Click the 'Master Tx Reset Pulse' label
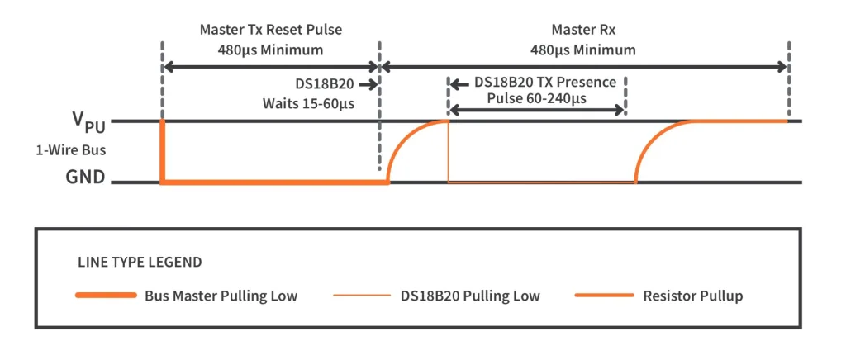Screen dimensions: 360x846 click(271, 30)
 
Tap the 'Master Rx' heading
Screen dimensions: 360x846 click(583, 30)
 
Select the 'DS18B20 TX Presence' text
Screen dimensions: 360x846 click(545, 83)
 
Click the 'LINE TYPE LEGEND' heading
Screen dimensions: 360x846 click(139, 263)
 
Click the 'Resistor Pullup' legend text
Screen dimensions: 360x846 click(692, 296)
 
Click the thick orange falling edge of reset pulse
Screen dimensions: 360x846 click(162, 151)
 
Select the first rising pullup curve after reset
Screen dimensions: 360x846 click(405, 140)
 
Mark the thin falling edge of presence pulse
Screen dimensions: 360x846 click(448, 151)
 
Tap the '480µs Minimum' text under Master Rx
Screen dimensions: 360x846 click(583, 50)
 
